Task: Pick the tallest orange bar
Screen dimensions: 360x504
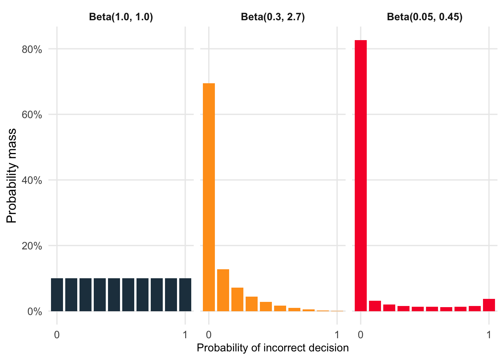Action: tap(209, 197)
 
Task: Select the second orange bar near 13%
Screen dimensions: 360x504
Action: tap(223, 290)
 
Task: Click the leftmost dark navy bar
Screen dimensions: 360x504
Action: tap(57, 295)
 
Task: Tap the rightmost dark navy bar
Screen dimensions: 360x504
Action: tap(185, 295)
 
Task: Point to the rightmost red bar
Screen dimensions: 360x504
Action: tap(489, 305)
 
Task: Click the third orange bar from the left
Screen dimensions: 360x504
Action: tap(237, 299)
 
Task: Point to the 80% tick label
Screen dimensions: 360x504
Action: tap(32, 49)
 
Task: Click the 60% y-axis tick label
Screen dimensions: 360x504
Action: tap(32, 115)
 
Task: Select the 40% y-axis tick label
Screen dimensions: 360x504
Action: tap(32, 180)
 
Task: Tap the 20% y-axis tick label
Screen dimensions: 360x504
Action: tap(32, 246)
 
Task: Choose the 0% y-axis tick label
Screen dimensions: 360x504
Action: tap(34, 312)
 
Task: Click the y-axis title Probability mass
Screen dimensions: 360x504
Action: tap(12, 175)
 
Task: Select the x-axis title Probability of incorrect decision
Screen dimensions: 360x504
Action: tap(273, 348)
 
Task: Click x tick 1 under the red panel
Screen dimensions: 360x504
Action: tap(489, 334)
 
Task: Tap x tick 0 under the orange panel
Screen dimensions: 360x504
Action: tap(209, 334)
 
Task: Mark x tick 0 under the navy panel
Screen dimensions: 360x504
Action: tap(57, 334)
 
